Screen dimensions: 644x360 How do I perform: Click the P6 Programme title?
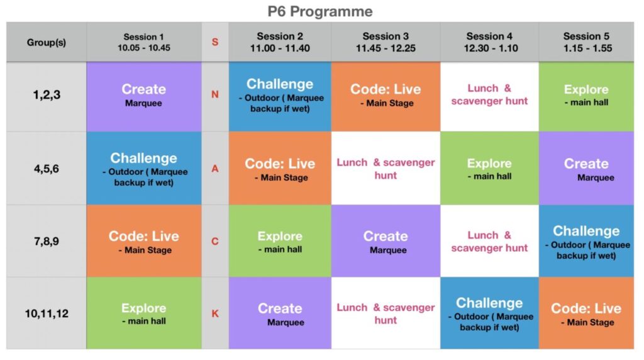coord(320,11)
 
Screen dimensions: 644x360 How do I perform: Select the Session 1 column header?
coord(144,42)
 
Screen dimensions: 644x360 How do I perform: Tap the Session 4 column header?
coord(489,42)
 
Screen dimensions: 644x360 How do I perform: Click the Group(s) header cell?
coord(47,42)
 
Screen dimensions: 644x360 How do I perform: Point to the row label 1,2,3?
coord(47,95)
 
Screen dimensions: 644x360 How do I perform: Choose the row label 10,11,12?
coord(47,313)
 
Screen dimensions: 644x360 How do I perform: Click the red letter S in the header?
coord(215,42)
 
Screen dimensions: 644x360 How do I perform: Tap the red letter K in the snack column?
coord(215,313)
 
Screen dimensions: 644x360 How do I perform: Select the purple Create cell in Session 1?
coord(144,96)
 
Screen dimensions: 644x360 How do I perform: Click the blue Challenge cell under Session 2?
coord(280,96)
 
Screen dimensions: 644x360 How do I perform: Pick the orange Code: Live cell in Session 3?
coord(386,96)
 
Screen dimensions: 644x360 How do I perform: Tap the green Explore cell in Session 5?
coord(587,96)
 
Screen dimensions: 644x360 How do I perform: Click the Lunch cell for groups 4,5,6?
coord(386,168)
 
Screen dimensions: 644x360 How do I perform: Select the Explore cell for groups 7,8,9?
coord(280,241)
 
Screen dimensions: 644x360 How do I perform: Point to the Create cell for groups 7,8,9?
coord(386,241)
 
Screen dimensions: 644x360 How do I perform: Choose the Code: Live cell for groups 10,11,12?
coord(587,313)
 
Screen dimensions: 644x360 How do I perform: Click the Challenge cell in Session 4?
coord(489,313)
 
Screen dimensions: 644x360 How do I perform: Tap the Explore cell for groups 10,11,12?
coord(144,313)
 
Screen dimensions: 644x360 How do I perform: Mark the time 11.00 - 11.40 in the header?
coord(280,48)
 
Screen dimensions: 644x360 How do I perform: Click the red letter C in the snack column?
coord(215,241)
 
